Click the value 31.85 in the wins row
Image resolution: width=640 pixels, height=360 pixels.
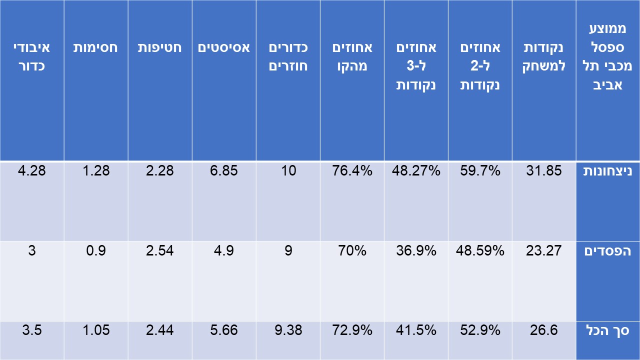pos(544,171)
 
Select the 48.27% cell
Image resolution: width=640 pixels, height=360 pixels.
pos(416,171)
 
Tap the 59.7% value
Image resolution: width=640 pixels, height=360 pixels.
pos(480,171)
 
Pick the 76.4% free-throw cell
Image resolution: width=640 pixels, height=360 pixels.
pos(352,171)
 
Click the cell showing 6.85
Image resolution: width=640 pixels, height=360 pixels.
pos(224,171)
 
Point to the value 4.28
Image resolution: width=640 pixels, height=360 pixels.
pos(32,171)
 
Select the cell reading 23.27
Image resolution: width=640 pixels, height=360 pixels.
pos(544,250)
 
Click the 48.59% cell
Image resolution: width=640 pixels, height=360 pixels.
pos(480,250)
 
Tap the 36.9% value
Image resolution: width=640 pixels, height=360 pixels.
pos(416,250)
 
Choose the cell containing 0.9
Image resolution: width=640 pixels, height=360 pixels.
pos(96,250)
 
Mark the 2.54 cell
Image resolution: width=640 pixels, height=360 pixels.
pos(160,250)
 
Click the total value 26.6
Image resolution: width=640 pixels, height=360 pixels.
pos(544,330)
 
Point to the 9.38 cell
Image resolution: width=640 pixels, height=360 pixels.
pos(288,330)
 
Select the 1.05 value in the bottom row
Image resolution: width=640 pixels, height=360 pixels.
pos(96,330)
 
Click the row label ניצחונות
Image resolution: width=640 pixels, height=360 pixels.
pos(607,171)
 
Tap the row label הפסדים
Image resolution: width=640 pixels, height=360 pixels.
pos(607,250)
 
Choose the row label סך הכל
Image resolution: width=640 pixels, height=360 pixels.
pos(607,330)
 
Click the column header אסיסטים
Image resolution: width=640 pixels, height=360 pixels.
pos(224,48)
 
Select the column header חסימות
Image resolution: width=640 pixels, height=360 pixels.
pos(96,48)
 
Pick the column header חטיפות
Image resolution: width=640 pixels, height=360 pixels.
pos(160,48)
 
